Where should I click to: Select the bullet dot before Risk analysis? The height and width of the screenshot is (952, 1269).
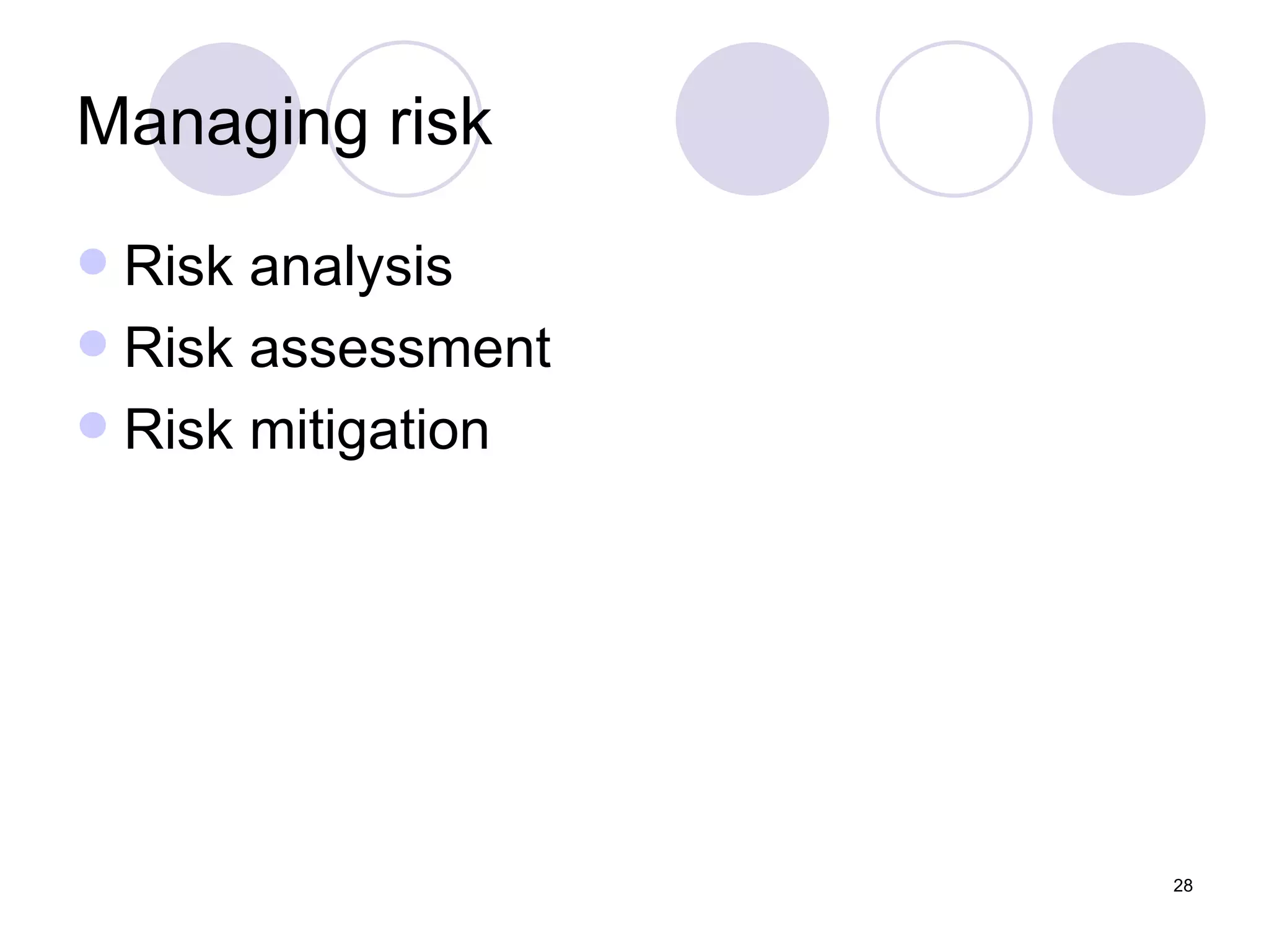[93, 262]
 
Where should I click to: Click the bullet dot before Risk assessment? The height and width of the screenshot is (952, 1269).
[93, 343]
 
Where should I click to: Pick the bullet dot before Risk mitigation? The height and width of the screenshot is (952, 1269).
[93, 425]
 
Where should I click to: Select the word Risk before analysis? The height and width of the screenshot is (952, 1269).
[179, 266]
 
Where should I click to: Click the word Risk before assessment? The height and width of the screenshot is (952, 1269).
[179, 348]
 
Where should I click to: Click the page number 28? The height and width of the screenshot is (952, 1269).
[1183, 886]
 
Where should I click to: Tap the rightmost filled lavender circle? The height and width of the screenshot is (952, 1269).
[1128, 119]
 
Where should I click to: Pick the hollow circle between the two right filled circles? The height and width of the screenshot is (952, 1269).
[954, 119]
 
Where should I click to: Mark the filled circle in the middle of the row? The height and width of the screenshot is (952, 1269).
[752, 119]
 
